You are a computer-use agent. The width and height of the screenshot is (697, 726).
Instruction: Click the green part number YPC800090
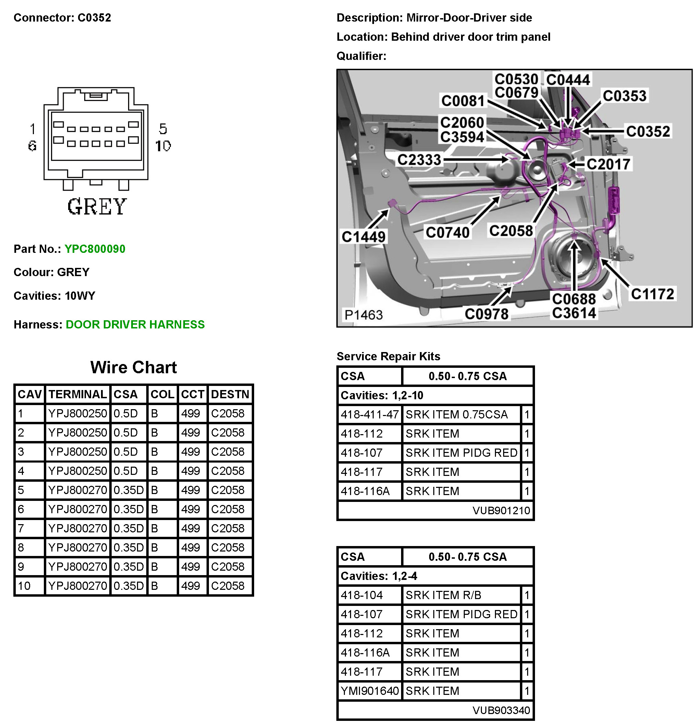pyautogui.click(x=95, y=249)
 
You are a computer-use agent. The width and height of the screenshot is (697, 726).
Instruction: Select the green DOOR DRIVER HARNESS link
pyautogui.click(x=135, y=324)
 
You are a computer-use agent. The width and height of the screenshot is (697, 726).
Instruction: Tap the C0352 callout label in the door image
pyautogui.click(x=648, y=131)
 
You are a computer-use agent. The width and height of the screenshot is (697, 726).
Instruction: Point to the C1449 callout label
pyautogui.click(x=363, y=237)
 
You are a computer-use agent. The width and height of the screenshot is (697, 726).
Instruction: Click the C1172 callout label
pyautogui.click(x=652, y=294)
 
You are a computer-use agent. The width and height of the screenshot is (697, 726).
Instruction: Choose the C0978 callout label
pyautogui.click(x=486, y=314)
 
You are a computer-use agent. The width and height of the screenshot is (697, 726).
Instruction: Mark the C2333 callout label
pyautogui.click(x=419, y=160)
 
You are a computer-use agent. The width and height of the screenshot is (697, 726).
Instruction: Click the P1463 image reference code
pyautogui.click(x=363, y=315)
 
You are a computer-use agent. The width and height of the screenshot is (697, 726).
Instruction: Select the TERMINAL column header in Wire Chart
pyautogui.click(x=77, y=394)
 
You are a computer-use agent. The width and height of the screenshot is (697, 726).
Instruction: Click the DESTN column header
pyautogui.click(x=230, y=394)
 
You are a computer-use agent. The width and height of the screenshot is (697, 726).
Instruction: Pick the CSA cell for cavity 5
pyautogui.click(x=128, y=490)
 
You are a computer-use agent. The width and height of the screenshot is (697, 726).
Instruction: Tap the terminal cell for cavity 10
pyautogui.click(x=77, y=586)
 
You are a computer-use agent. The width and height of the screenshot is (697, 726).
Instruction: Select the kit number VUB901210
pyautogui.click(x=501, y=510)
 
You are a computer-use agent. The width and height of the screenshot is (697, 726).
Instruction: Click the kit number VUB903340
pyautogui.click(x=501, y=710)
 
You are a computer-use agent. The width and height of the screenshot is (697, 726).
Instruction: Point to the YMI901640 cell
pyautogui.click(x=369, y=691)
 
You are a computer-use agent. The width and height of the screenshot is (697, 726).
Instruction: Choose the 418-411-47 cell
pyautogui.click(x=369, y=414)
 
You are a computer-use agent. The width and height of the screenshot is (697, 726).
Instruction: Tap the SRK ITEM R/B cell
pyautogui.click(x=443, y=595)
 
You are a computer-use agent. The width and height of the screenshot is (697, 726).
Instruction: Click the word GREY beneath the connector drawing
pyautogui.click(x=97, y=207)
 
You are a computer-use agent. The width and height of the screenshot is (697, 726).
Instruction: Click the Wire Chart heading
pyautogui.click(x=134, y=367)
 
